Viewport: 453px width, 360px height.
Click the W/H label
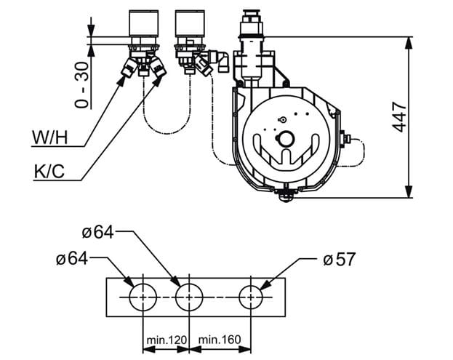coord(50,137)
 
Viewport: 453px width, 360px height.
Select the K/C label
coord(49,172)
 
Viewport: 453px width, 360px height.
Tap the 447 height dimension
coord(399,116)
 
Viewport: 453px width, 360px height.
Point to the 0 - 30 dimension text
coord(81,85)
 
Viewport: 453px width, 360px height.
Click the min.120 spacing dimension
coord(167,340)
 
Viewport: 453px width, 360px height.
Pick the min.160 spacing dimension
coord(220,340)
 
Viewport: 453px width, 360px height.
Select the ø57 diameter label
coord(339,259)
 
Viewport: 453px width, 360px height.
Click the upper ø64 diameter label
coord(97,232)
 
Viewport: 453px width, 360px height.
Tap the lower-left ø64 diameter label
coord(72,259)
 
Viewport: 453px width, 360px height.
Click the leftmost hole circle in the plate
coord(129,297)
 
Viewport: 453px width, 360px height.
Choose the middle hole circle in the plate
coord(175,297)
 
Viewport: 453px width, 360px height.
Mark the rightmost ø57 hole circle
coord(239,297)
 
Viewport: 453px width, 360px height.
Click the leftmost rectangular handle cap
coord(143,23)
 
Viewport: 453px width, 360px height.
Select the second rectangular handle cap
coord(190,23)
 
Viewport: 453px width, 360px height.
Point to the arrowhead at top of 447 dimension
coord(409,44)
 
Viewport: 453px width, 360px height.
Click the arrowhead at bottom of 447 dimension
coord(409,191)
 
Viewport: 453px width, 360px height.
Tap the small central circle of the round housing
coord(286,140)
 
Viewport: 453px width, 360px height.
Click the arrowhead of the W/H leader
coord(121,81)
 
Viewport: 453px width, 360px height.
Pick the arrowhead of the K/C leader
coord(158,81)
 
